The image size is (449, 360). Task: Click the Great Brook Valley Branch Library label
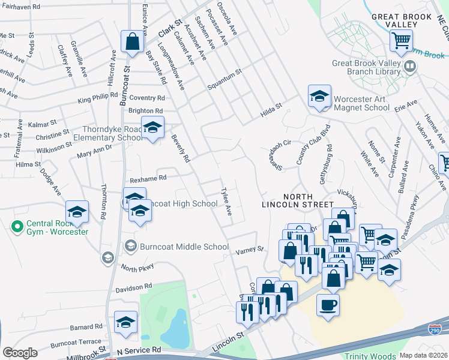[x=366, y=67]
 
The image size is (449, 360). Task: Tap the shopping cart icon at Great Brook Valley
[x=400, y=41]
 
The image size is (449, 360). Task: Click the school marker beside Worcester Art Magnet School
[x=320, y=95]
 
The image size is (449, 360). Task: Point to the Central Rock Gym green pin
[x=17, y=227]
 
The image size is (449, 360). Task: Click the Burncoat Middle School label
[x=184, y=247]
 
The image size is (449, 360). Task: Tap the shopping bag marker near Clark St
[x=132, y=42]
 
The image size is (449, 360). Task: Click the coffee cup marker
[x=328, y=305]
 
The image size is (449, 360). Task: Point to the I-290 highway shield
[x=435, y=329]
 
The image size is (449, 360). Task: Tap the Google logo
[x=20, y=353]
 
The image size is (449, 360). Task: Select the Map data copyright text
[x=424, y=355]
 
